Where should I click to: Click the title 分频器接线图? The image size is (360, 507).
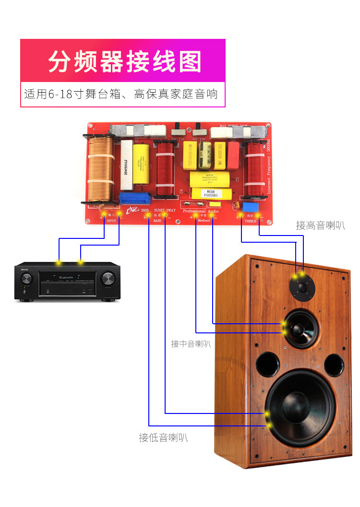[125, 62]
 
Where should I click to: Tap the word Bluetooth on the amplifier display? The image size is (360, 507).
[67, 278]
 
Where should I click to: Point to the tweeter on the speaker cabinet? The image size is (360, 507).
[301, 287]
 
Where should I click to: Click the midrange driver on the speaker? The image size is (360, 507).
[301, 328]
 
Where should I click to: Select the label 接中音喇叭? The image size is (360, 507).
[191, 344]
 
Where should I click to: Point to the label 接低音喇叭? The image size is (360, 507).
[163, 437]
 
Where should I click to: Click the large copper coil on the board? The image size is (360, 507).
[100, 168]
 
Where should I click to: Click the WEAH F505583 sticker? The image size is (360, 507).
[209, 194]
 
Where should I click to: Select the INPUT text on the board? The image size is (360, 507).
[111, 222]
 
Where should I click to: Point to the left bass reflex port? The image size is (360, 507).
[268, 364]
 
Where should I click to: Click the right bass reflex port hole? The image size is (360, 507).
[334, 364]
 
